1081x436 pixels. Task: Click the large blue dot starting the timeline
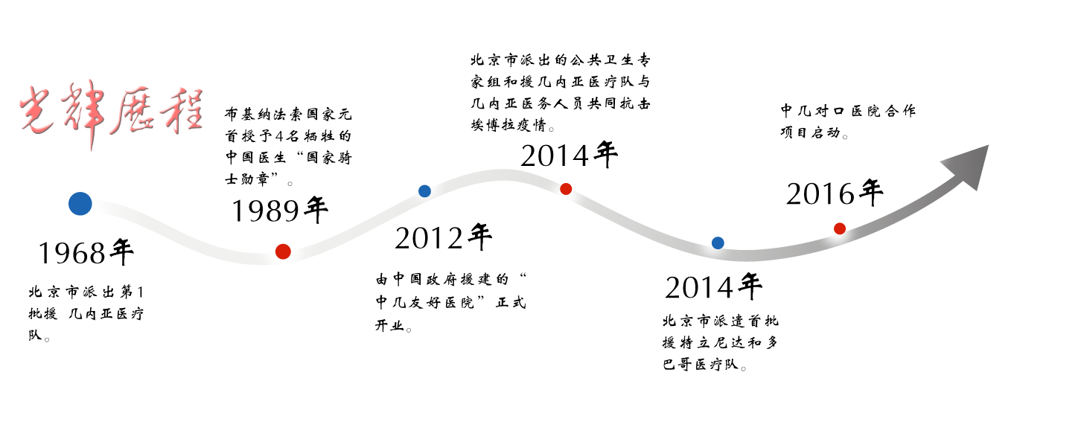pos(80,203)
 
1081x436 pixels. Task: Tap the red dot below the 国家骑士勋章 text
pos(283,251)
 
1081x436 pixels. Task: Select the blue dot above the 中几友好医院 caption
pos(424,190)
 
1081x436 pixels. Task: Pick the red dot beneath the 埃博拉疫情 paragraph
pos(566,188)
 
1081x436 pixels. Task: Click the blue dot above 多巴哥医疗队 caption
pos(718,243)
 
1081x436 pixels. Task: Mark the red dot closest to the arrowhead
pos(840,228)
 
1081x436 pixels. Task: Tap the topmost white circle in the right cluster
pos(1014,38)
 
